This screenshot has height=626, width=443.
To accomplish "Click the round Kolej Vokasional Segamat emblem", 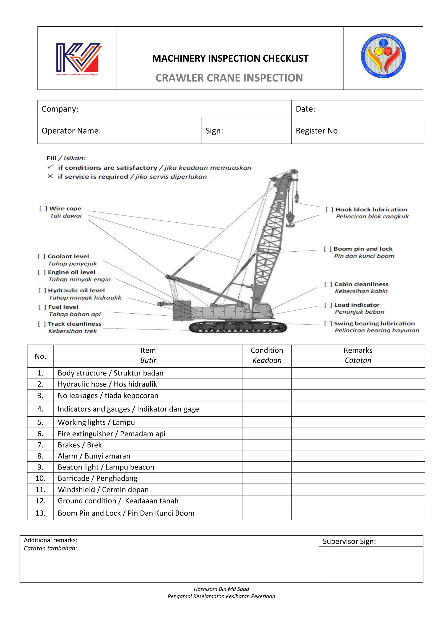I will pyautogui.click(x=383, y=56).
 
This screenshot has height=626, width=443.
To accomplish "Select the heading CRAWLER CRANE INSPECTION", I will pyautogui.click(x=229, y=78).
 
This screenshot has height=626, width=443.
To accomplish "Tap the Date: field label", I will pyautogui.click(x=305, y=109).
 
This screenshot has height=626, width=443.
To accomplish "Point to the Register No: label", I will pyautogui.click(x=318, y=131).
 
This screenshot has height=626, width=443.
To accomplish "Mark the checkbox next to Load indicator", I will pyautogui.click(x=328, y=305).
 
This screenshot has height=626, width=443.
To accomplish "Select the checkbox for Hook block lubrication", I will pyautogui.click(x=329, y=210).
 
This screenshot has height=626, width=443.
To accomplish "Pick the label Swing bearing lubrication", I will pyautogui.click(x=374, y=324).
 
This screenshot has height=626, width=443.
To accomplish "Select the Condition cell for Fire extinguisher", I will pyautogui.click(x=267, y=434).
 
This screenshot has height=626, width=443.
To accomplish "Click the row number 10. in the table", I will pyautogui.click(x=40, y=478).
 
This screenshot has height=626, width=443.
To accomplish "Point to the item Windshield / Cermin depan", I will pyautogui.click(x=103, y=490).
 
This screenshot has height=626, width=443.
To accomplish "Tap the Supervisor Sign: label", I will pyautogui.click(x=349, y=541).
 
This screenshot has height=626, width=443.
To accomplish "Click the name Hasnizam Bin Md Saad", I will pyautogui.click(x=221, y=589).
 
